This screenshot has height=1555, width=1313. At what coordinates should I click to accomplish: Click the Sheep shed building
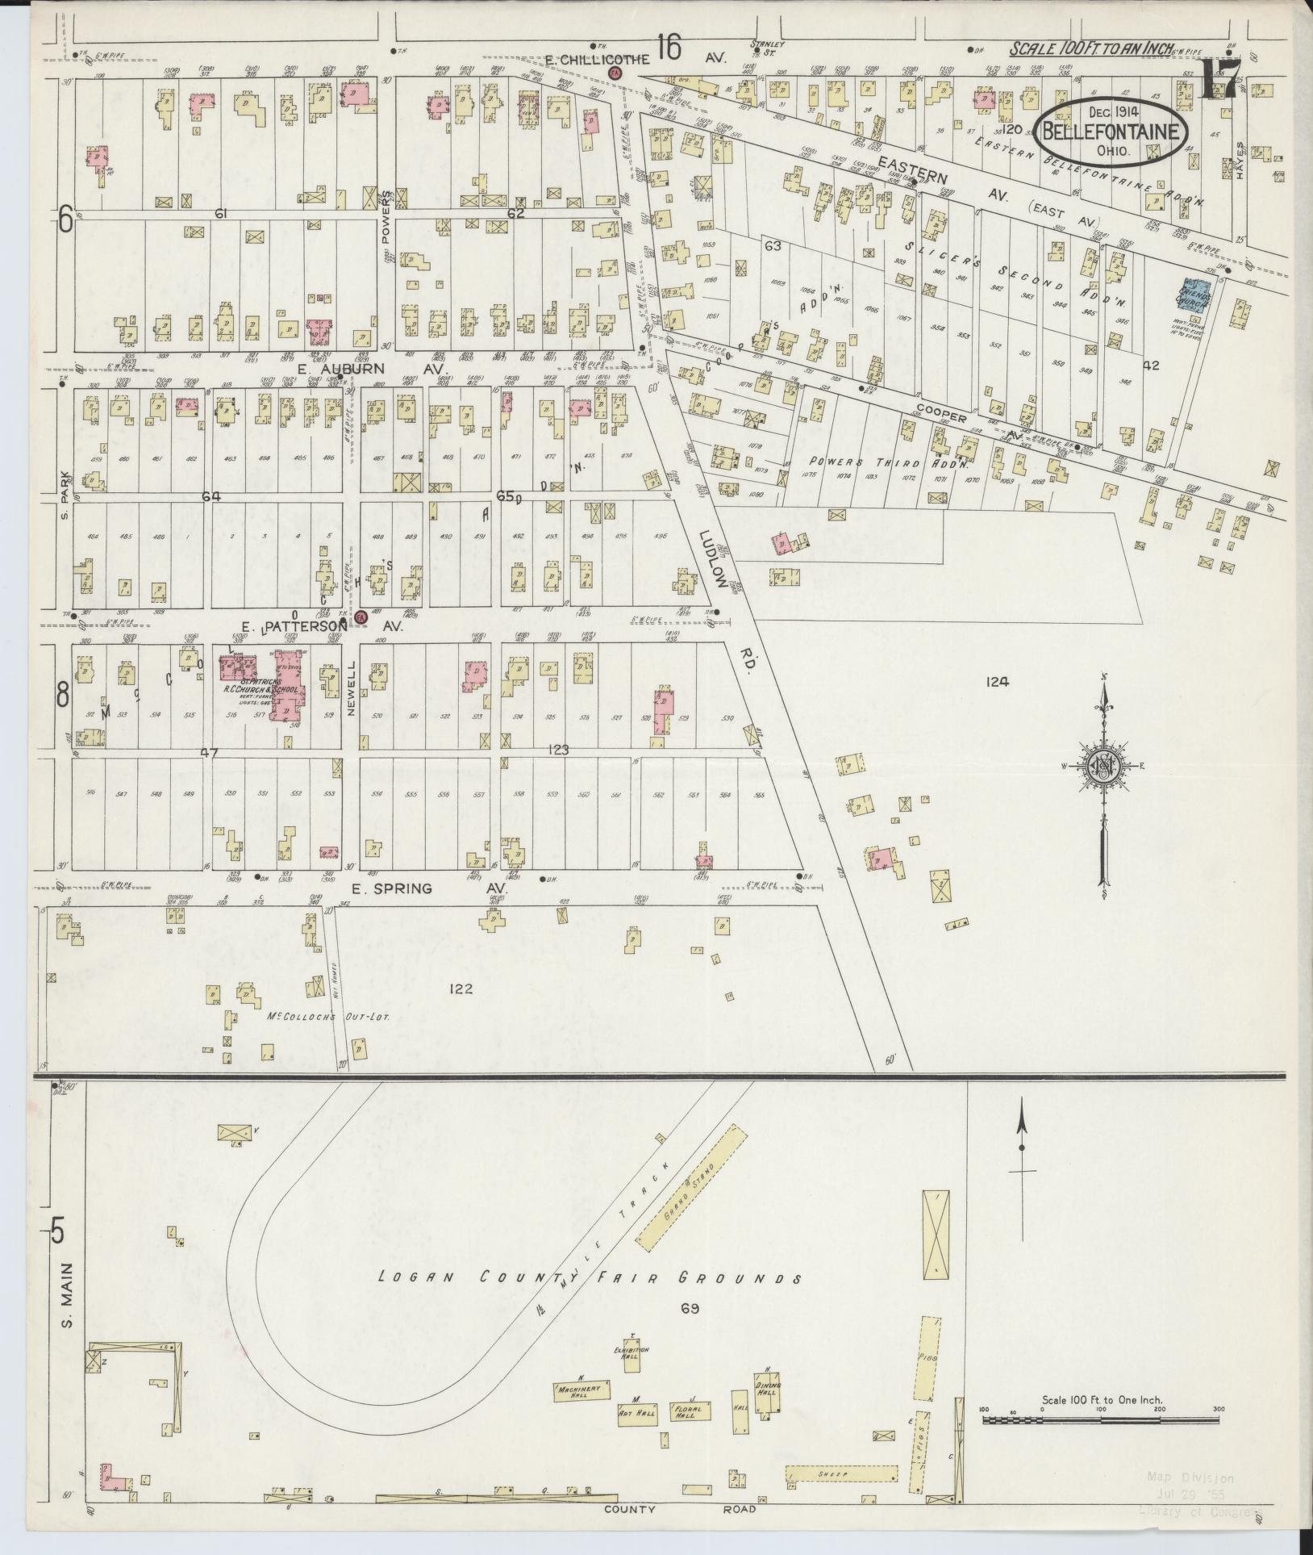point(841,1473)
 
